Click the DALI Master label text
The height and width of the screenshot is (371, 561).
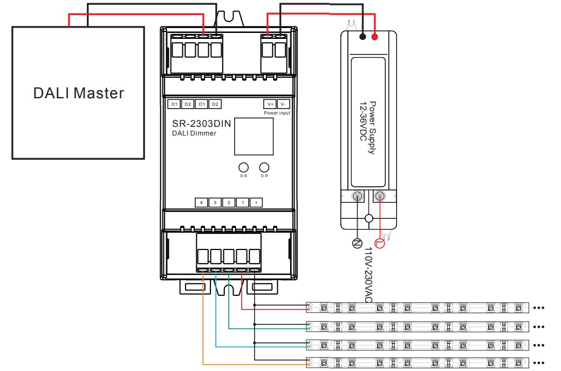(78, 93)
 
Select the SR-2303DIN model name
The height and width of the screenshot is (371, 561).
(201, 124)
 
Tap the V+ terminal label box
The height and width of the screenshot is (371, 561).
(269, 104)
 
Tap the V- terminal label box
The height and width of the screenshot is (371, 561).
(284, 104)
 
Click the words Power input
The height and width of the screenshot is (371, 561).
(277, 113)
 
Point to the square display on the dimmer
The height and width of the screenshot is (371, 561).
(254, 137)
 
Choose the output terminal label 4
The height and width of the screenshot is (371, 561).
(201, 203)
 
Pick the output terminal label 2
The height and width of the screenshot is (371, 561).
(229, 203)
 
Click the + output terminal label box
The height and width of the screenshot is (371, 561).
(256, 203)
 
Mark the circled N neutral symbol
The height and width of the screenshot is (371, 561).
(357, 244)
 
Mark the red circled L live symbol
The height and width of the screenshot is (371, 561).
(380, 244)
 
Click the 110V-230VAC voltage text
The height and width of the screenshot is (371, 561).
(369, 275)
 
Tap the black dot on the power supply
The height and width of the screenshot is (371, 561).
(362, 37)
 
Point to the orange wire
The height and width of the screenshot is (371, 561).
(203, 324)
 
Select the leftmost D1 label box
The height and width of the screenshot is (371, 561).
(174, 104)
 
